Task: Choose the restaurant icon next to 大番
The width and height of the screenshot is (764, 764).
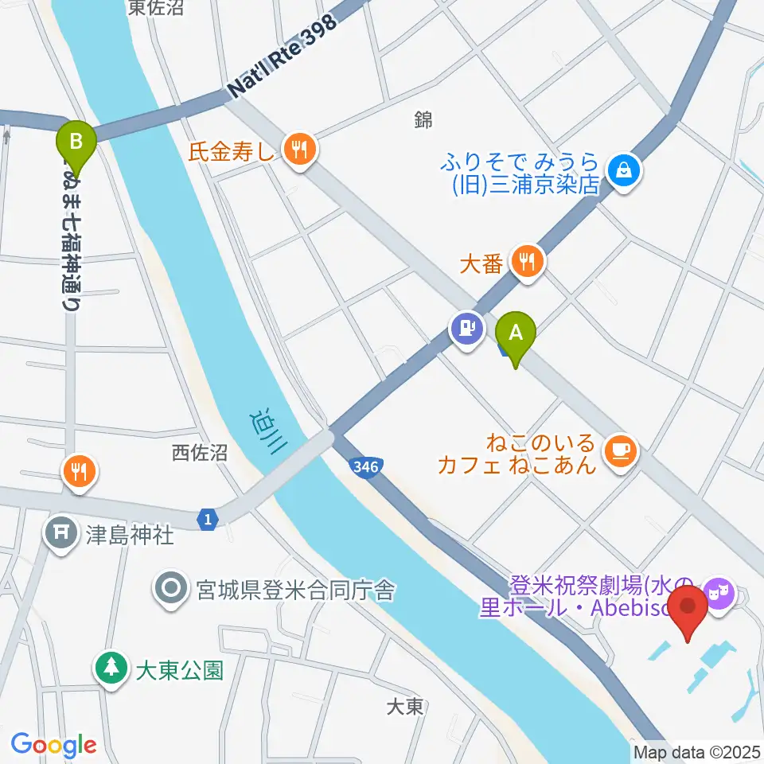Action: coord(526,260)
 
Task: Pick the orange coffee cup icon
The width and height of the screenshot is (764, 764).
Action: coord(621,451)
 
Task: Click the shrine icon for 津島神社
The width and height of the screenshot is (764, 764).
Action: coord(60,532)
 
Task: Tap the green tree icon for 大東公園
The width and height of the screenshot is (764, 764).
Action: coord(111,668)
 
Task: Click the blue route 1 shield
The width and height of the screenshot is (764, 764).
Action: coord(208,520)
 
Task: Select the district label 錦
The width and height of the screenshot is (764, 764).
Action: coord(423,120)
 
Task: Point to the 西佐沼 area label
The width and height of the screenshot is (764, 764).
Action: coord(200,453)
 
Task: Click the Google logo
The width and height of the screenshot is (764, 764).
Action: coord(53,745)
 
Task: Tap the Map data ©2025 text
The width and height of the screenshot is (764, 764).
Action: coord(696,751)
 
